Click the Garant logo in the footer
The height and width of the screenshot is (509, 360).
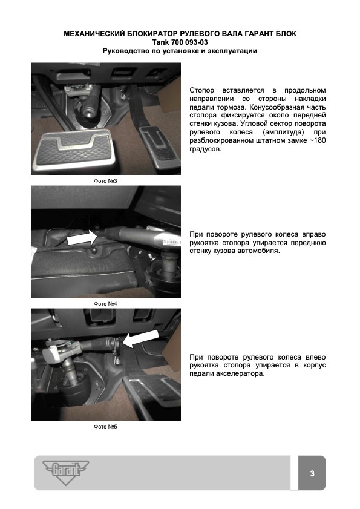coord(66,472)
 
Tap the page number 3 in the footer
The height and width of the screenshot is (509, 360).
coord(312,473)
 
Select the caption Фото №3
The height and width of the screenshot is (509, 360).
coord(105,181)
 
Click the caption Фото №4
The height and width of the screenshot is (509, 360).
coord(105,304)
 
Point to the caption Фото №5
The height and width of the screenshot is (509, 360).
coord(105,427)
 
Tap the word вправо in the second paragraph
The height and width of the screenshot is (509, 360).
coord(313,234)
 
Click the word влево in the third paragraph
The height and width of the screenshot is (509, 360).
coord(315,357)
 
